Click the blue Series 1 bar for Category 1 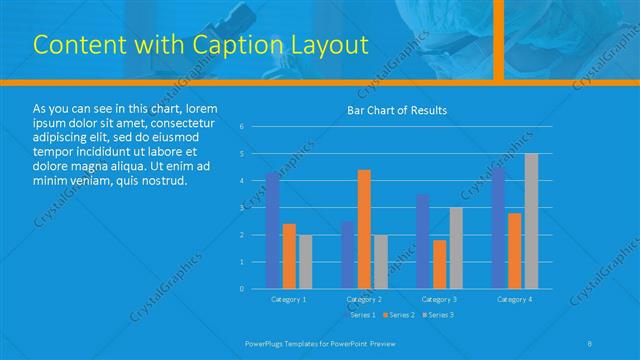pos(272,230)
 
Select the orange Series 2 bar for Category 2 pos(364,229)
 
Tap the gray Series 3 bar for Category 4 pos(531,221)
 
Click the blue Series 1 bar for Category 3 pos(423,241)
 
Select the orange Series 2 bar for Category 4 pos(514,250)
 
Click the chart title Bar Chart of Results pos(397,110)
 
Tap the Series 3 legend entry pos(437,315)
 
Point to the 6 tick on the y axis pos(242,127)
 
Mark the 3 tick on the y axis pos(242,208)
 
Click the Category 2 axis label pos(364,299)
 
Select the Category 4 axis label pos(514,299)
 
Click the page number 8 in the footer pos(591,343)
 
